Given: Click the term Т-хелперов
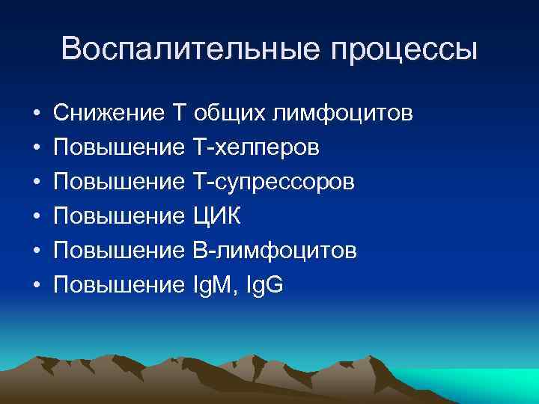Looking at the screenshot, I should click(256, 148).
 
